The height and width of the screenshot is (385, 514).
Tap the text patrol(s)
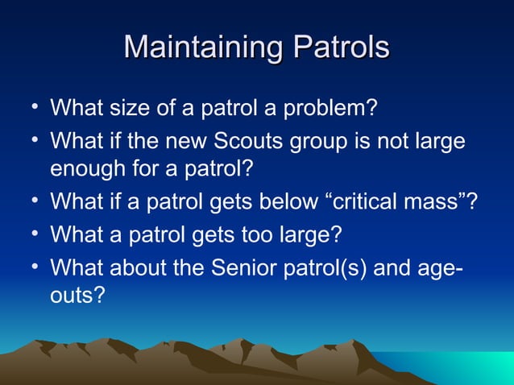coord(322,268)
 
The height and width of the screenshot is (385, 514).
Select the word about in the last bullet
coord(141,267)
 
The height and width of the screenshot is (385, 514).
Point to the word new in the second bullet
coord(189,142)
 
